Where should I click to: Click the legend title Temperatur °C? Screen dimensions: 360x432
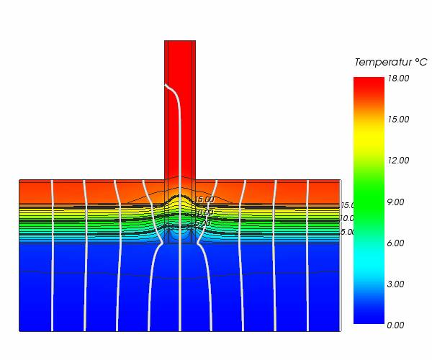(390, 63)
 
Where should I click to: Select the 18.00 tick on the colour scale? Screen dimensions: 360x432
(398, 78)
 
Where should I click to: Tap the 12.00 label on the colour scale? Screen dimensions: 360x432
(398, 160)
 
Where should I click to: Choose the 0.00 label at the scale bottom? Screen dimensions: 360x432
(396, 325)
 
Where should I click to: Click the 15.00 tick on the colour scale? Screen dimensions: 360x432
(398, 119)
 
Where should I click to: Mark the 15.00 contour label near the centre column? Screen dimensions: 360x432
(204, 199)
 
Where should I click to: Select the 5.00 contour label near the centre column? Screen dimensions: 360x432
(202, 224)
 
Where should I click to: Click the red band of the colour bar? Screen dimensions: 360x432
(369, 90)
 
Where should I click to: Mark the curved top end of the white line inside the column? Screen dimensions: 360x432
(167, 86)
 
